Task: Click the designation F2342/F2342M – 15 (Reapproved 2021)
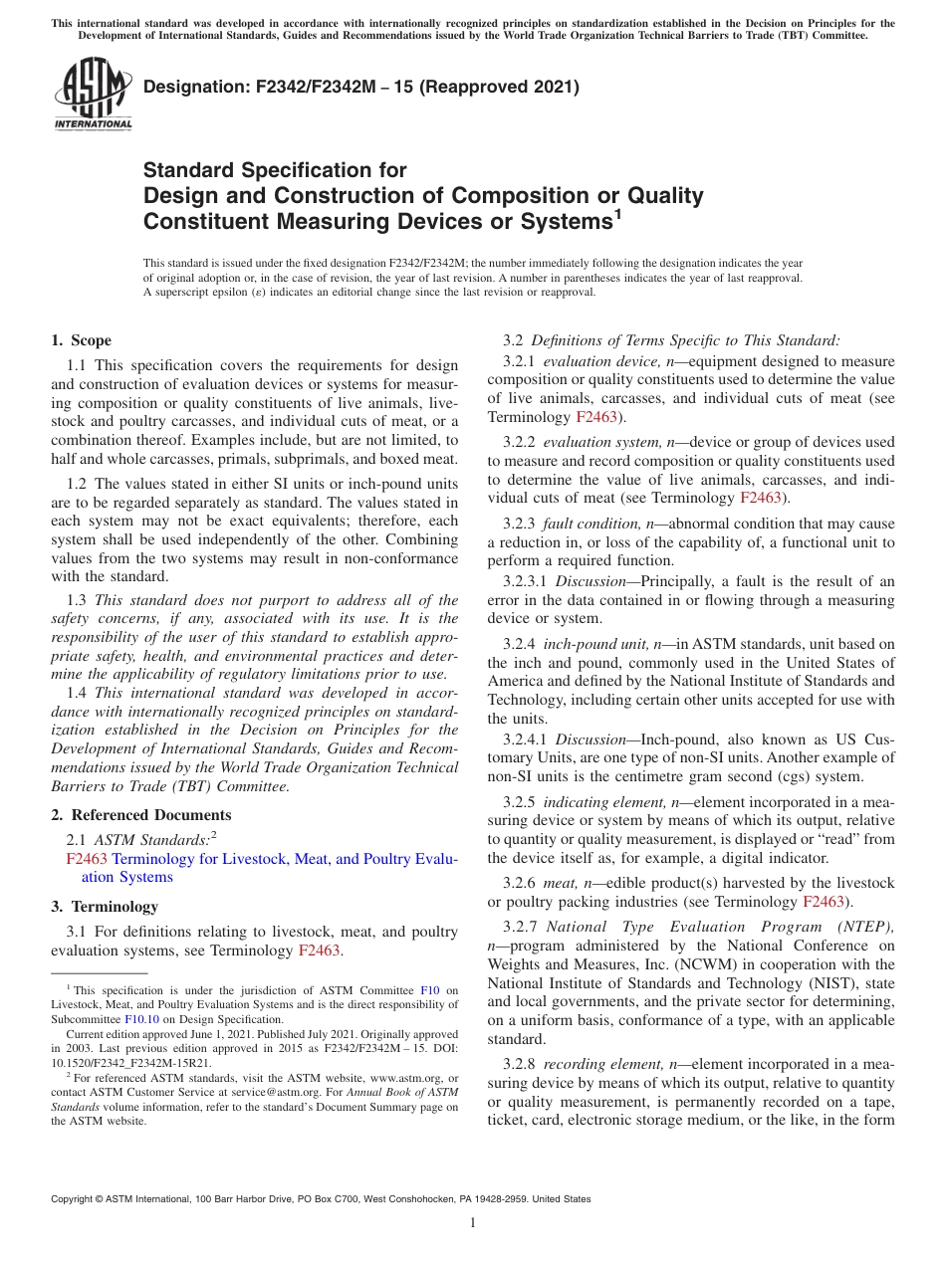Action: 360,87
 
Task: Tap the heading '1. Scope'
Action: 82,340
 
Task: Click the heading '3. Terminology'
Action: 105,907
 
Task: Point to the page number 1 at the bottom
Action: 473,1222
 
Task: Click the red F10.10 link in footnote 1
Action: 140,1019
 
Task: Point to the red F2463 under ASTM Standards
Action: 86,859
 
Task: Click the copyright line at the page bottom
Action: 321,1199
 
